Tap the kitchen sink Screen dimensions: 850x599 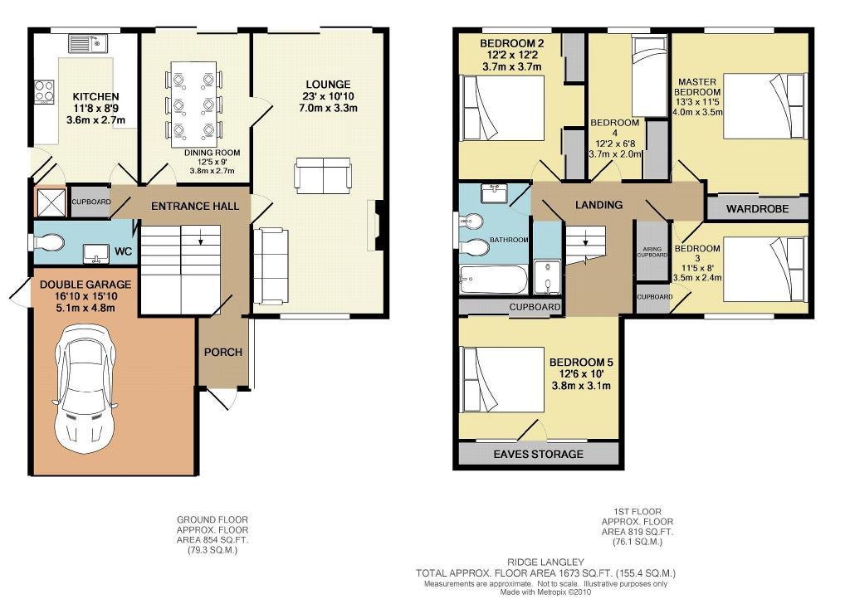88,43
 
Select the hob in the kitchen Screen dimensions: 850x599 45,91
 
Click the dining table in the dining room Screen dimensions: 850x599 194,105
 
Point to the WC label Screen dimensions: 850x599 123,251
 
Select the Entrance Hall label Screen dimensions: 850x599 195,206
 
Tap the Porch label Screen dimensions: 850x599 222,352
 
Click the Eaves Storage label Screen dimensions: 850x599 538,454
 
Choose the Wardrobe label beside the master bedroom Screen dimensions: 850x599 757,208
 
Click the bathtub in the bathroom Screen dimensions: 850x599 493,280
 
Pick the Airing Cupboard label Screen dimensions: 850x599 652,252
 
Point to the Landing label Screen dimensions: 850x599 598,205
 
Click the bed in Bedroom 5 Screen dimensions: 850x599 502,379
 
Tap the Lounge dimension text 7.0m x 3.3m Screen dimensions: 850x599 328,108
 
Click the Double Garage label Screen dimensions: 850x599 85,285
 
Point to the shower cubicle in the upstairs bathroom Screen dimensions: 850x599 548,277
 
